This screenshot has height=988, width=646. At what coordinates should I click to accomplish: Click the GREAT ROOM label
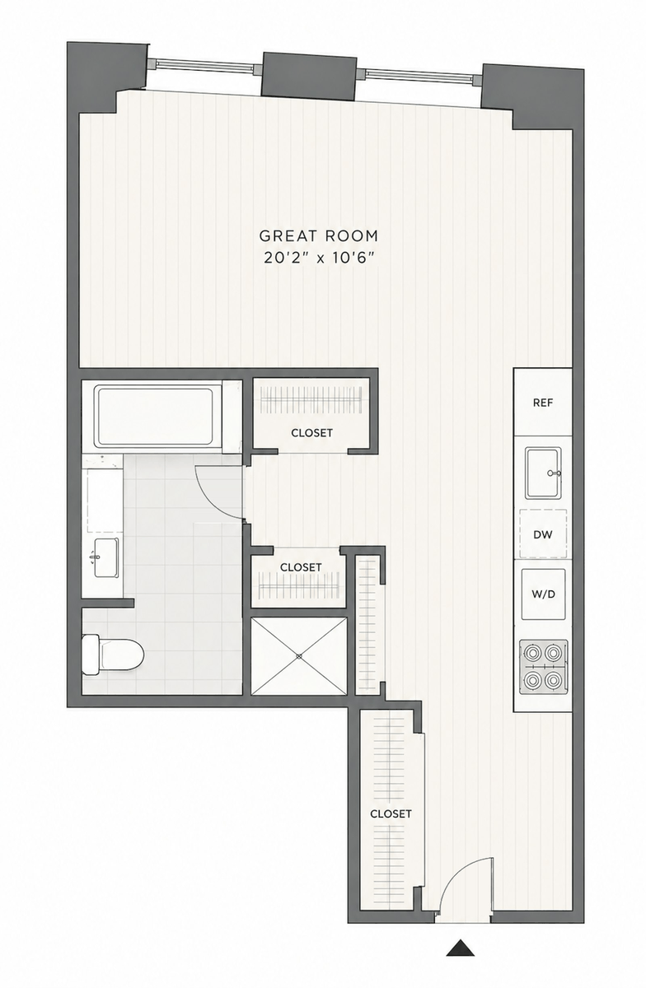[x=318, y=236]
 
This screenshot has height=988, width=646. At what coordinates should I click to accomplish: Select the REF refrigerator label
[x=543, y=403]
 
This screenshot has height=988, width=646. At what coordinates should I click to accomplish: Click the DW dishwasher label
[x=543, y=534]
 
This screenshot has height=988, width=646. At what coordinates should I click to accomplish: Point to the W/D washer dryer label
[x=543, y=594]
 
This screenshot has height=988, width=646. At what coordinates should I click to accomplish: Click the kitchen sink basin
[x=543, y=473]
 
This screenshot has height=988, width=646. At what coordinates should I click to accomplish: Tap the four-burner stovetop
[x=543, y=667]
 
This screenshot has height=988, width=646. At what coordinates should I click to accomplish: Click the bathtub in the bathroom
[x=155, y=417]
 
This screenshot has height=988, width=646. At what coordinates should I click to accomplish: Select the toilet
[x=113, y=655]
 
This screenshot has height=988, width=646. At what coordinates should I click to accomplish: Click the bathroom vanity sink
[x=105, y=558]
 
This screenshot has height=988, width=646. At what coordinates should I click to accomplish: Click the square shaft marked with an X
[x=299, y=656]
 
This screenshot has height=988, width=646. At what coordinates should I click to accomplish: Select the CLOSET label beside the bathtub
[x=311, y=433]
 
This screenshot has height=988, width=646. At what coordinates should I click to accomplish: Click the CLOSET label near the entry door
[x=391, y=813]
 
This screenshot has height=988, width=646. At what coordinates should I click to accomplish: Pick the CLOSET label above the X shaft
[x=301, y=566]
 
